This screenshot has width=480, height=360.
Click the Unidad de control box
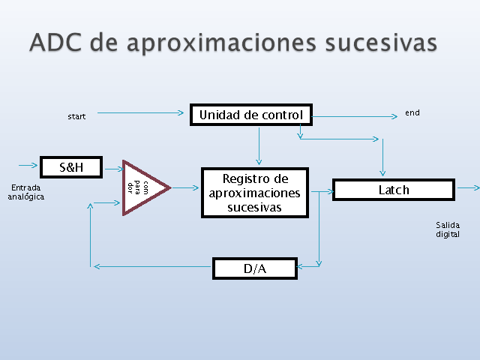(251, 115)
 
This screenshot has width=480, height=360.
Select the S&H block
(71, 167)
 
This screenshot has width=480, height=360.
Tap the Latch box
(394, 190)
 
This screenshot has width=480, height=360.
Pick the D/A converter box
(255, 268)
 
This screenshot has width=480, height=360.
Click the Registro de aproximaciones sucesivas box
(255, 193)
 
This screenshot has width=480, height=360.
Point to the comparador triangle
(144, 187)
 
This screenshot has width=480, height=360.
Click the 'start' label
(76, 117)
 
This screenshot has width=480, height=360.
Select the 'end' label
(412, 112)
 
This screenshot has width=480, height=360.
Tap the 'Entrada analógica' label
(26, 192)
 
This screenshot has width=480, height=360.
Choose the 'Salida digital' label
(448, 229)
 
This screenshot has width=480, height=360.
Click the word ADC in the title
(55, 42)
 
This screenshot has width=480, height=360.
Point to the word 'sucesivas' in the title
(381, 42)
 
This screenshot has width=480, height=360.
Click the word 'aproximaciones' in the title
(222, 43)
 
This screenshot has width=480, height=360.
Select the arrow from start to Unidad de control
(140, 113)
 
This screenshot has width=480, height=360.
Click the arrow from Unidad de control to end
(355, 116)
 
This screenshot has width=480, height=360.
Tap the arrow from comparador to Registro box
(185, 187)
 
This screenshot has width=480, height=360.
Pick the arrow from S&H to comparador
(114, 169)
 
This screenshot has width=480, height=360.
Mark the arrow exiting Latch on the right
(468, 187)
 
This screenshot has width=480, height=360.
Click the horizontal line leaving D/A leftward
(152, 267)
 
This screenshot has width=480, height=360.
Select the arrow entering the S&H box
(28, 165)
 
